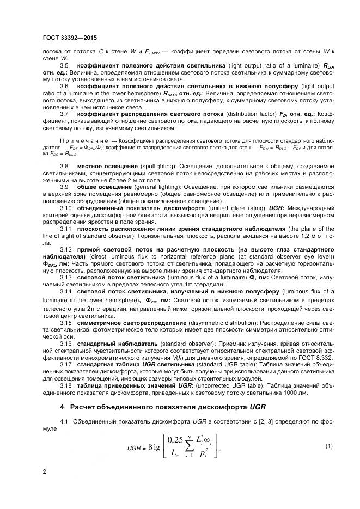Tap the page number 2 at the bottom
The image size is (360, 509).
44,471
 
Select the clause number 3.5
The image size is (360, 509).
64,65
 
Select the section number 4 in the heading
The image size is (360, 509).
62,406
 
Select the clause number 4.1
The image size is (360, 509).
64,421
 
